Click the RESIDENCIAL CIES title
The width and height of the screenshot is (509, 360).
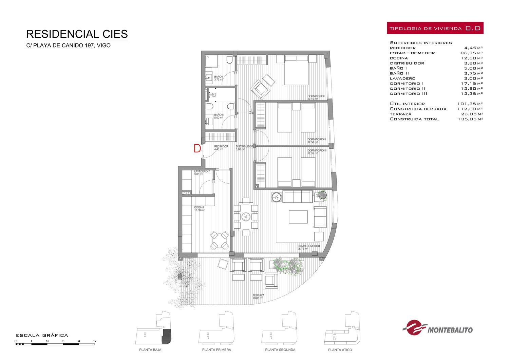pyautogui.click(x=77, y=34)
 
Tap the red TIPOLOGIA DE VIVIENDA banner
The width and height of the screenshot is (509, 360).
pyautogui.click(x=435, y=28)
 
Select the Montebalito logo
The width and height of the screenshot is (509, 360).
pyautogui.click(x=437, y=327)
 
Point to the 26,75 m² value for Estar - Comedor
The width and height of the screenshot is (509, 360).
pyautogui.click(x=472, y=53)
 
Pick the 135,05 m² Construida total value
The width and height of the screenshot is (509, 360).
pyautogui.click(x=470, y=119)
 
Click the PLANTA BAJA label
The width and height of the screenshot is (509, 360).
pyautogui.click(x=150, y=350)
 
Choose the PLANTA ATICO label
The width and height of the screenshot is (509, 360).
pyautogui.click(x=340, y=350)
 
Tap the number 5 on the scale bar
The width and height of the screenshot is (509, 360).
pyautogui.click(x=95, y=341)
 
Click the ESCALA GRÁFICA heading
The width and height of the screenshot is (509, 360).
pyautogui.click(x=42, y=336)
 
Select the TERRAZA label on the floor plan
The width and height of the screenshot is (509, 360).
pyautogui.click(x=258, y=295)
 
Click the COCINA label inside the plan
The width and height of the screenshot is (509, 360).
pyautogui.click(x=199, y=208)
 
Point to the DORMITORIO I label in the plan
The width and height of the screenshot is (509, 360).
pyautogui.click(x=316, y=96)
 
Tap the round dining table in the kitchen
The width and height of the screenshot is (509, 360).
pyautogui.click(x=219, y=240)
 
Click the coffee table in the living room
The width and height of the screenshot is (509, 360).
pyautogui.click(x=298, y=217)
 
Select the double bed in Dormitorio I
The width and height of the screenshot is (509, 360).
pyautogui.click(x=296, y=70)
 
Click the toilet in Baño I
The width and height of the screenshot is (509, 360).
pyautogui.click(x=229, y=59)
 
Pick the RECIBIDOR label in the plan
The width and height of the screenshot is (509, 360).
pyautogui.click(x=221, y=146)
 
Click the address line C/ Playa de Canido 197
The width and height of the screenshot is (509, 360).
pyautogui.click(x=69, y=46)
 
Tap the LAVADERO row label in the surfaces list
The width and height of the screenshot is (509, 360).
pyautogui.click(x=403, y=78)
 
